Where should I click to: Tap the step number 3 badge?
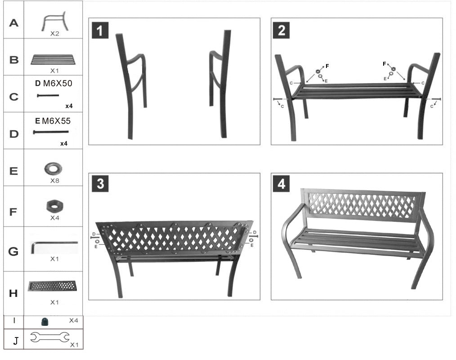pyautogui.click(x=100, y=184)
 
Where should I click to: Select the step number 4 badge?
pyautogui.click(x=282, y=184)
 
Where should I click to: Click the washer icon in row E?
pyautogui.click(x=54, y=170)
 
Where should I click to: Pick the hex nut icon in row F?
pyautogui.click(x=54, y=207)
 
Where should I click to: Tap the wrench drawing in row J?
pyautogui.click(x=50, y=337)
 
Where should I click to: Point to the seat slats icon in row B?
pyautogui.click(x=53, y=59)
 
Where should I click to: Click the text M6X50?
pyautogui.click(x=58, y=83)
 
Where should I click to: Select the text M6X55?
pyautogui.click(x=56, y=121)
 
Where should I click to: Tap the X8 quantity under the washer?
pyautogui.click(x=55, y=180)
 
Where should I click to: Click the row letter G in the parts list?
pyautogui.click(x=13, y=252)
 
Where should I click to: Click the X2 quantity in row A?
pyautogui.click(x=55, y=34)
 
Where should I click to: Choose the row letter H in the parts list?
pyautogui.click(x=13, y=293)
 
